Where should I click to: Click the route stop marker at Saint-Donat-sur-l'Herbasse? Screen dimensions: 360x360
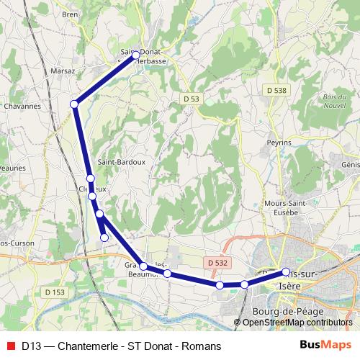135,55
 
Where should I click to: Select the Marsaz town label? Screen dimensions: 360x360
63,71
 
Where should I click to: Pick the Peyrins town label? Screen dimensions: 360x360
279,143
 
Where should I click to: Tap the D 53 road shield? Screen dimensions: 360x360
191,98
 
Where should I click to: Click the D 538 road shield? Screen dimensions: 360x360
275,91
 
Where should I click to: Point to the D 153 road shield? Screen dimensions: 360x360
54,292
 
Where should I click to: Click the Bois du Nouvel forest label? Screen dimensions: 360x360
336,101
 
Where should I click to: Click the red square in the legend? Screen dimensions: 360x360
9,346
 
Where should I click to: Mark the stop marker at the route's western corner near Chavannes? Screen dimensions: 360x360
74,104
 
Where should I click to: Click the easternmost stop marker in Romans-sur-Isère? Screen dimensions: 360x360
286,272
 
